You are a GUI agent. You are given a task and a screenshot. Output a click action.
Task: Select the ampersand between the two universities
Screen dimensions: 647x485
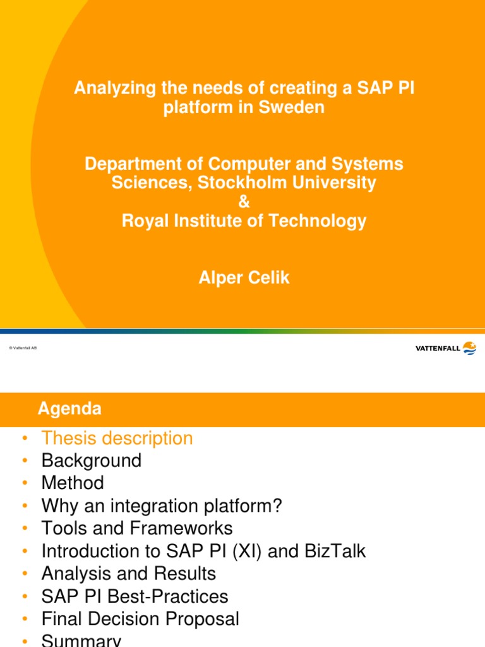(x=244, y=202)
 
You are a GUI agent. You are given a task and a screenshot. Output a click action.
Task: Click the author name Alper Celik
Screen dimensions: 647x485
(x=244, y=278)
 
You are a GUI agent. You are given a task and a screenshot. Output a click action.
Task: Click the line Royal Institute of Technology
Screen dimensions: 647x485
(x=244, y=221)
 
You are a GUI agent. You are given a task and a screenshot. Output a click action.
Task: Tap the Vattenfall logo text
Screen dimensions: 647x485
(x=438, y=348)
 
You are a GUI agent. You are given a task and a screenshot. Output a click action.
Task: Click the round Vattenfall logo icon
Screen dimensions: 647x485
(x=469, y=348)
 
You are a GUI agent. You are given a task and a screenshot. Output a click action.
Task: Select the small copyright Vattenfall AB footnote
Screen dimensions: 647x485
(x=23, y=348)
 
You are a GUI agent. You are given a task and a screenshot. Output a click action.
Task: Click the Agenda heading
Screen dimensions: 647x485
(x=69, y=409)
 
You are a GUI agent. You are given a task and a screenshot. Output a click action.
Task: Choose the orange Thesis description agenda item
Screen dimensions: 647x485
(x=117, y=438)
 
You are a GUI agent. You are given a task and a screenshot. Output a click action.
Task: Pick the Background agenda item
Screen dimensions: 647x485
(x=91, y=461)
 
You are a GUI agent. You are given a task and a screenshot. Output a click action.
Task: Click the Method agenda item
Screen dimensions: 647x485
(x=73, y=483)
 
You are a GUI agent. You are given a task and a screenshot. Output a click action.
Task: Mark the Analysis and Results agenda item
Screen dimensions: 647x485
(x=129, y=574)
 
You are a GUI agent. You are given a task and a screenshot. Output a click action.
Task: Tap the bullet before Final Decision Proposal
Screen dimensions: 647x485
(x=25, y=619)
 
